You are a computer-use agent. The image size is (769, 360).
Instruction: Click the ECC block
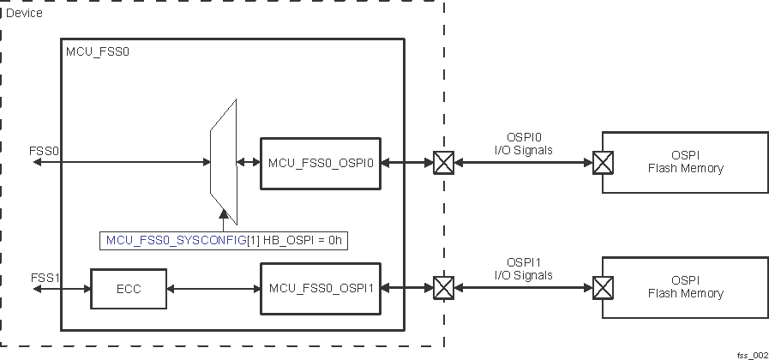[129, 290]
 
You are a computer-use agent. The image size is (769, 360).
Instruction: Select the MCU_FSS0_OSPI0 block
[321, 162]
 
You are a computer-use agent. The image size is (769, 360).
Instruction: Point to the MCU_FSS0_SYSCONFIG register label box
[225, 241]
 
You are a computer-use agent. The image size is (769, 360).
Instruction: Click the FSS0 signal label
[44, 150]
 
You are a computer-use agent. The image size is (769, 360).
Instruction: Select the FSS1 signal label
[44, 278]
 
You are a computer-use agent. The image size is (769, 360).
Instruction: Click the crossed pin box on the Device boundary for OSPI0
[443, 162]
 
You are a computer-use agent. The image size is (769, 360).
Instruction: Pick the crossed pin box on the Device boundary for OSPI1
[443, 288]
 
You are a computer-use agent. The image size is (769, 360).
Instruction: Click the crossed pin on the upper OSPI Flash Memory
[604, 162]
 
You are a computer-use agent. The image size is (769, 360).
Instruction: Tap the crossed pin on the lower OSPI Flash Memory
[604, 288]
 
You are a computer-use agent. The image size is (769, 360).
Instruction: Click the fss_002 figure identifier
[751, 353]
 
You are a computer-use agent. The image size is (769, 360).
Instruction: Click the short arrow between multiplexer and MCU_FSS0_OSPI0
[249, 162]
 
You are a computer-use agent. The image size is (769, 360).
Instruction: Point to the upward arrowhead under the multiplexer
[223, 215]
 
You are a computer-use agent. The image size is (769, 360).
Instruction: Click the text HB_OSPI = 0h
[312, 241]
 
